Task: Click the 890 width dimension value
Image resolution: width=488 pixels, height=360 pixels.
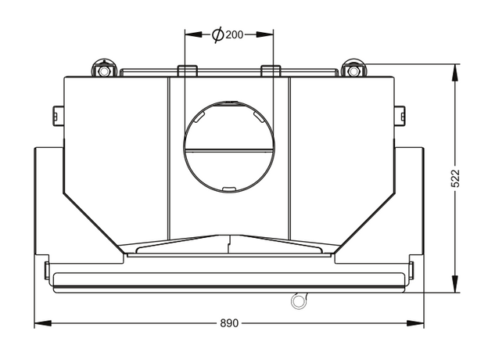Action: [x=229, y=323]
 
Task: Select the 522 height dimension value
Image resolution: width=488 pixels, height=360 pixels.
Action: [x=455, y=178]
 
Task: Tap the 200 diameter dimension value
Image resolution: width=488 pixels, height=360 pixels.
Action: [x=235, y=34]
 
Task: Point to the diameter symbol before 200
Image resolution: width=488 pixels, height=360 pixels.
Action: [x=218, y=34]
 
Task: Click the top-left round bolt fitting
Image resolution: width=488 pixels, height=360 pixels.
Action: [x=104, y=70]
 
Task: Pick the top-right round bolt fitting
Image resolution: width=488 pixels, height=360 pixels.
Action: [x=353, y=70]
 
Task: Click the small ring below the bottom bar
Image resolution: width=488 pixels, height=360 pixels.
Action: [x=298, y=301]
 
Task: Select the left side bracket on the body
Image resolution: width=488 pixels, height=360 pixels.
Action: [x=58, y=116]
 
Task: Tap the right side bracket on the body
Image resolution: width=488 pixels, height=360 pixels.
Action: [x=400, y=116]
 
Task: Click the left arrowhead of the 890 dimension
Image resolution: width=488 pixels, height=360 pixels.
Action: [x=43, y=323]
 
